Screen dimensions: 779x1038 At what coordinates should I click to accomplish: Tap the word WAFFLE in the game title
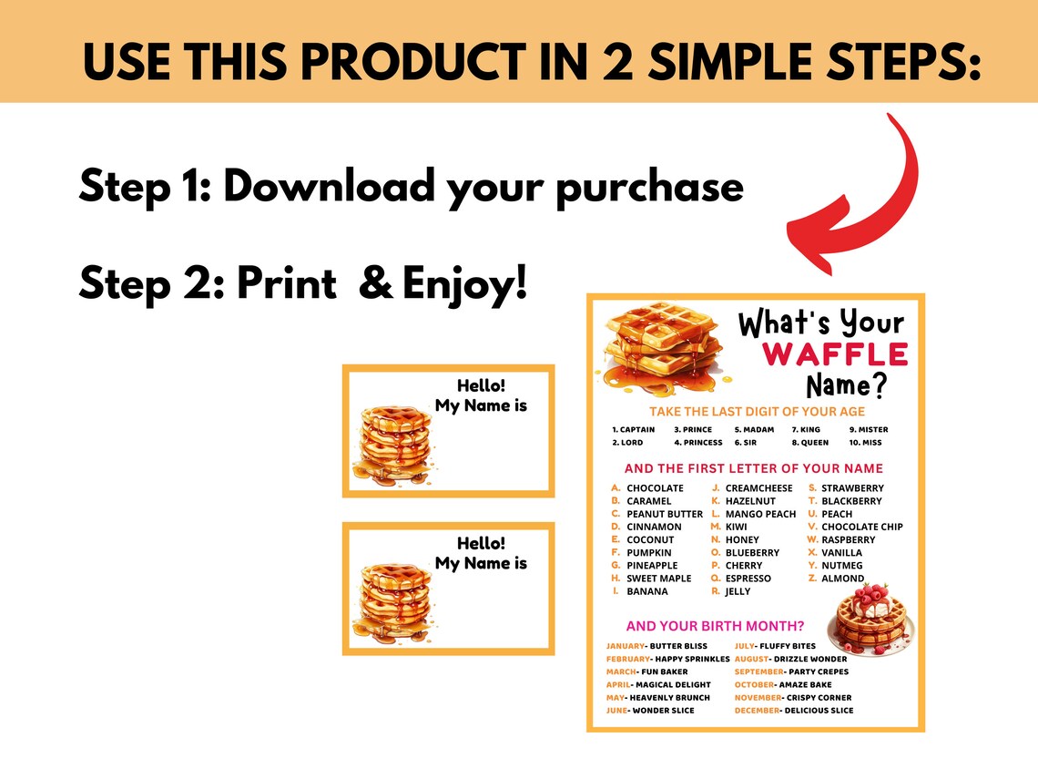click(x=835, y=354)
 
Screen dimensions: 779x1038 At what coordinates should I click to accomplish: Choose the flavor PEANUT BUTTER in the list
click(x=664, y=514)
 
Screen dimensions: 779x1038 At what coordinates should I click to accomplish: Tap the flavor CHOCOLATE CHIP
click(x=861, y=527)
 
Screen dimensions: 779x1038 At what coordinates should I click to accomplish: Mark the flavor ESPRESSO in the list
click(x=748, y=579)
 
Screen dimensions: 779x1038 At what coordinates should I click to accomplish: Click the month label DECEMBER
click(x=757, y=711)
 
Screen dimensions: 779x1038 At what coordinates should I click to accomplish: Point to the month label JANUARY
click(x=626, y=646)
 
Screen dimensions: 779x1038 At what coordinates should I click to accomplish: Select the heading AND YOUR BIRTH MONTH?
click(x=715, y=626)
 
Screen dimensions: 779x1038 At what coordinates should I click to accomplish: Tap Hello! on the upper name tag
click(x=481, y=385)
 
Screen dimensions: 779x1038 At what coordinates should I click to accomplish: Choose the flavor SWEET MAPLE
click(x=658, y=579)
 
